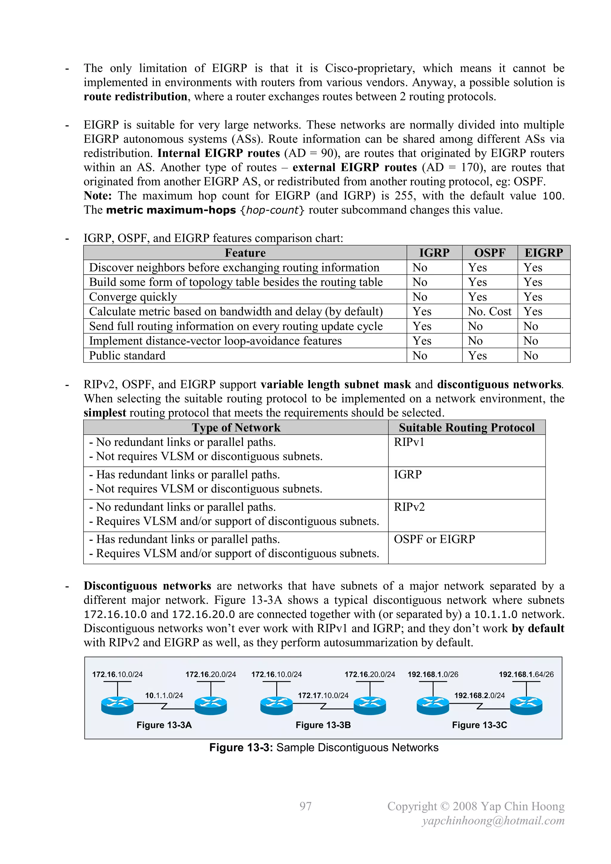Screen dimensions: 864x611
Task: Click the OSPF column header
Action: tap(490, 252)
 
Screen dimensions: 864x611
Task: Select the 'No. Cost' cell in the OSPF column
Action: tap(490, 311)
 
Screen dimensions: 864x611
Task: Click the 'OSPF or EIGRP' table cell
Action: tap(434, 539)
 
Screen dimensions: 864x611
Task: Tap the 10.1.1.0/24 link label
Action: tap(164, 695)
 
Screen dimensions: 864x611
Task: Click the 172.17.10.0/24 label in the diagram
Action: tap(323, 695)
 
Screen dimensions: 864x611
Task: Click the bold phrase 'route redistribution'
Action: tap(135, 97)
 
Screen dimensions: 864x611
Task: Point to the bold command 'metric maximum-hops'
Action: tap(171, 210)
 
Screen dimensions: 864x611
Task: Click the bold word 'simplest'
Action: tap(105, 413)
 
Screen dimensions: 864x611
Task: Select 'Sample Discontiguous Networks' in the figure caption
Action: tap(357, 747)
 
